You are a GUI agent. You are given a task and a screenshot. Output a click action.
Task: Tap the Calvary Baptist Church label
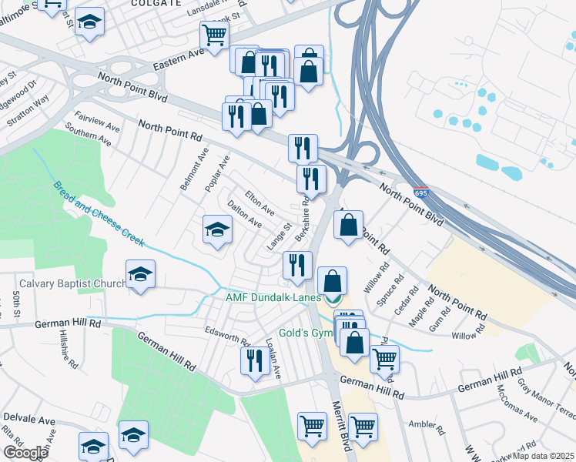(x=72, y=283)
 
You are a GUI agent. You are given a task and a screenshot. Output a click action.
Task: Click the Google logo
(x=25, y=452)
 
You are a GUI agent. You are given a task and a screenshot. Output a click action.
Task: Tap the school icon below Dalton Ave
(x=217, y=229)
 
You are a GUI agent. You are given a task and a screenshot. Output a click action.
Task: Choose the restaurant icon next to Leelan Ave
(x=254, y=360)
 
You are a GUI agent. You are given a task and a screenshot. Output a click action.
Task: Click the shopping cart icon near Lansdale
(x=214, y=35)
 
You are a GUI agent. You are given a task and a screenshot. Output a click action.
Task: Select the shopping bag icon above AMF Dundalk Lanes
(x=332, y=281)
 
